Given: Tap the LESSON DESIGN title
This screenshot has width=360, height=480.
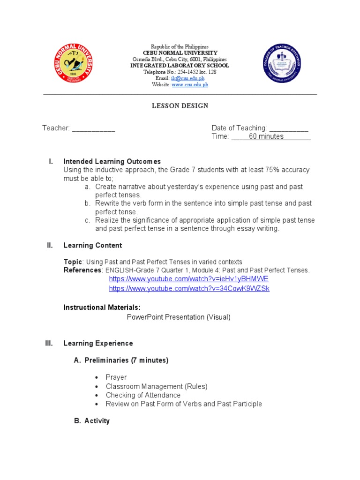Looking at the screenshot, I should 180,106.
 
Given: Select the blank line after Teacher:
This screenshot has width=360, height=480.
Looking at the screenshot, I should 93,128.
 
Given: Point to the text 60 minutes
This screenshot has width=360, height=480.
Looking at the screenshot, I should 266,136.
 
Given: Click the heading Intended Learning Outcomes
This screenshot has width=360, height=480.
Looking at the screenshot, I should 112,161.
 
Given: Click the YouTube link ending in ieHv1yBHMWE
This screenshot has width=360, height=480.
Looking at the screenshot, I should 188,279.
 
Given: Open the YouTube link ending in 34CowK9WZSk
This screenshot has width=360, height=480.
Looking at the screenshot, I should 189,289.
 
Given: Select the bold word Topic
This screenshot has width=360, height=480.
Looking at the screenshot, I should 73,262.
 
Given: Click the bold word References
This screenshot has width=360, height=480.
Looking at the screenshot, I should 82,270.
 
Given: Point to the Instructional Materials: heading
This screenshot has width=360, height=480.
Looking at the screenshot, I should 102,307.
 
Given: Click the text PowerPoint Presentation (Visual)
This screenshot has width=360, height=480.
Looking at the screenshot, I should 179,317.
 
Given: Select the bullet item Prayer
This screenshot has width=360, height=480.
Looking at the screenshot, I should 116,377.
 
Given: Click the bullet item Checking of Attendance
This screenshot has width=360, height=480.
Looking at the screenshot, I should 143,395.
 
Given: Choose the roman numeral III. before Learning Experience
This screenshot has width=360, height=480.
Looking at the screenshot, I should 49,344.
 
